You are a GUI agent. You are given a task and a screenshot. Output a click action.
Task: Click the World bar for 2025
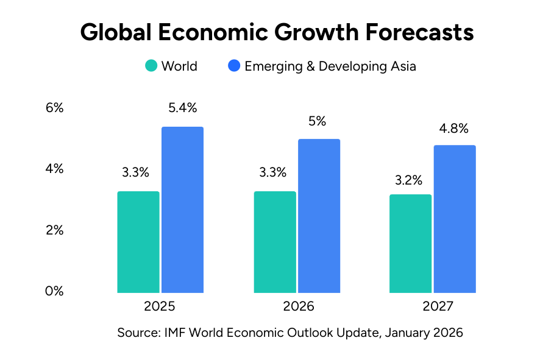click(138, 242)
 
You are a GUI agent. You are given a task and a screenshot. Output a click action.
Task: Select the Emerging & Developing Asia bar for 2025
click(182, 210)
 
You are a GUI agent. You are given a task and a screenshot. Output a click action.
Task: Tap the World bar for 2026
click(275, 242)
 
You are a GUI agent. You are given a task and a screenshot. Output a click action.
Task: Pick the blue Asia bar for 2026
click(319, 216)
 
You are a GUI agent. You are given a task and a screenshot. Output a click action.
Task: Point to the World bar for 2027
click(411, 243)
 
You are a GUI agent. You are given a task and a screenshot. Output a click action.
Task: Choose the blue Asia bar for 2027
click(455, 219)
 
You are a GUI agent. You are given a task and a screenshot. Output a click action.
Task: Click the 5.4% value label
click(182, 108)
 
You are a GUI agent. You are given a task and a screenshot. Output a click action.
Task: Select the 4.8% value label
click(454, 129)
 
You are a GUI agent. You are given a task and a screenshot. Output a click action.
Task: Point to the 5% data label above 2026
click(318, 121)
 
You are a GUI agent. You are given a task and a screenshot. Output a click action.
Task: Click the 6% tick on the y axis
click(54, 108)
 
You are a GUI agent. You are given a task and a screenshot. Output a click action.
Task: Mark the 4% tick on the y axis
click(54, 169)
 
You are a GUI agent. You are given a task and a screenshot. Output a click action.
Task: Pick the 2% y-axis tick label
click(54, 230)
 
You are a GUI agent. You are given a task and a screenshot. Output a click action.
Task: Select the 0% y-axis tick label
click(54, 291)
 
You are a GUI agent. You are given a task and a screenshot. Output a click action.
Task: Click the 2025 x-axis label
click(160, 306)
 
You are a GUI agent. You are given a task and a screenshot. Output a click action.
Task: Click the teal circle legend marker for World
click(151, 66)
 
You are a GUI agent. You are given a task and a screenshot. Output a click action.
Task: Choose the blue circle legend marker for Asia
click(234, 66)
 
